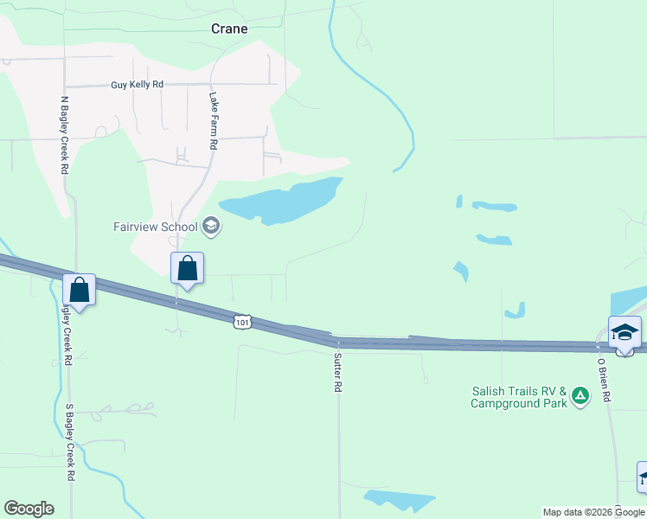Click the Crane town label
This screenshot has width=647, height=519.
(x=229, y=29)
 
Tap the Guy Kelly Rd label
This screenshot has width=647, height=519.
(x=137, y=85)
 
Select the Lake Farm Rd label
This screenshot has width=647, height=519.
(x=213, y=122)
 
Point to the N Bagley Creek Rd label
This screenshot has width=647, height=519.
(x=64, y=135)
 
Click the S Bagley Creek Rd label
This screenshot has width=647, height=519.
(x=69, y=441)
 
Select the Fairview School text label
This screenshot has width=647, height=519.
(x=156, y=227)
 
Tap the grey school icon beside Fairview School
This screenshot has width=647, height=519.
(x=211, y=227)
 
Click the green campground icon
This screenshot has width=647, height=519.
(x=580, y=397)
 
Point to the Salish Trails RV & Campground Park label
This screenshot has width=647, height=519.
(x=519, y=397)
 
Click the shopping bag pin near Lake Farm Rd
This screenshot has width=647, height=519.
(x=187, y=269)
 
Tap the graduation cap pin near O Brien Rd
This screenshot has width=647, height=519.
(x=625, y=333)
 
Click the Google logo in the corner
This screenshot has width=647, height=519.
(x=29, y=509)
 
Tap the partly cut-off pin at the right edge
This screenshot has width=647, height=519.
(x=643, y=477)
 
